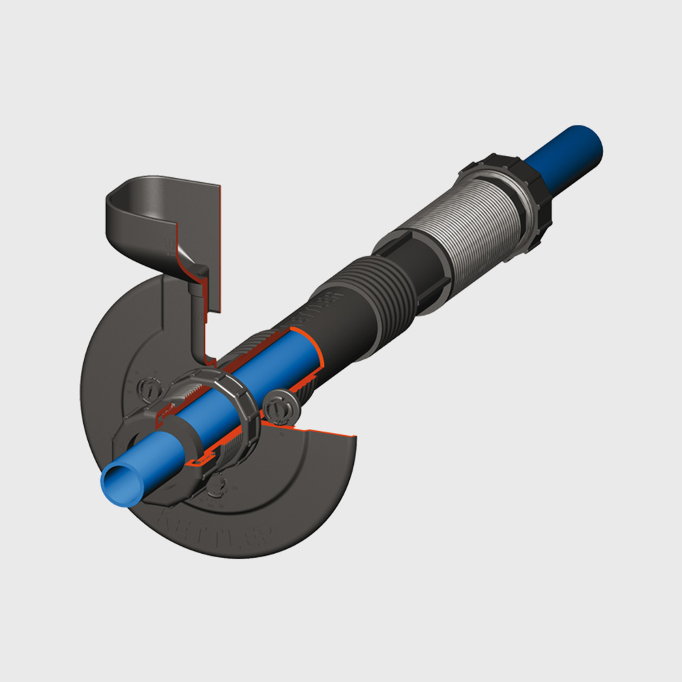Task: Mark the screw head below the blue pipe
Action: [217, 486]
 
